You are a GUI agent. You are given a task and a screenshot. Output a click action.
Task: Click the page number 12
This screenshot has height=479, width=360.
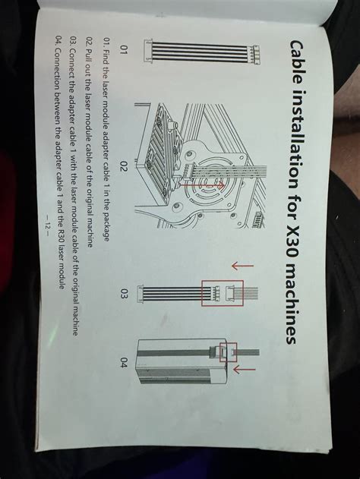click(48, 226)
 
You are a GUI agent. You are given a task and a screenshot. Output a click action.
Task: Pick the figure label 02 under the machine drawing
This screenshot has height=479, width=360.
click(125, 168)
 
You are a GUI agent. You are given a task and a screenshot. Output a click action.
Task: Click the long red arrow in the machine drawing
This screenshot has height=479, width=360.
click(201, 184)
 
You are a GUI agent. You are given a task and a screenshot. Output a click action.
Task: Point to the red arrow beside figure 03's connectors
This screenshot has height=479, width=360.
click(243, 266)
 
